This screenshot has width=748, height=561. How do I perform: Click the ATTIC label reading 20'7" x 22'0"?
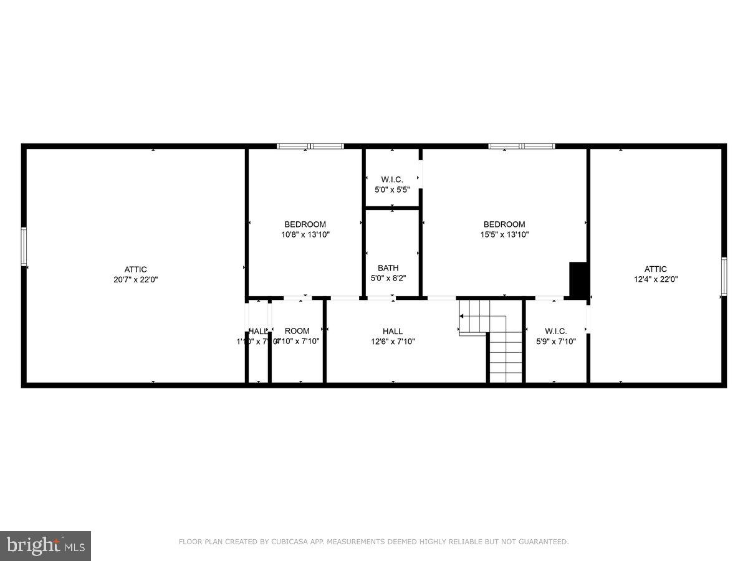(x=135, y=275)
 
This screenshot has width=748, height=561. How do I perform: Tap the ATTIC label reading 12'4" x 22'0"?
(x=656, y=274)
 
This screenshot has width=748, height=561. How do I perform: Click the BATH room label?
(x=388, y=268)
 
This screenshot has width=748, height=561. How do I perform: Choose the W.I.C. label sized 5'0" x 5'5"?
(x=392, y=185)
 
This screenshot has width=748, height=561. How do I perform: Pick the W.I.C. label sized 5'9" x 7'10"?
(x=555, y=336)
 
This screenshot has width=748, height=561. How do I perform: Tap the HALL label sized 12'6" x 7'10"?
(x=393, y=336)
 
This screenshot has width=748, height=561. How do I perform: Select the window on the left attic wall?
(x=24, y=247)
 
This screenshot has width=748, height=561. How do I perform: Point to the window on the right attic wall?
(x=724, y=276)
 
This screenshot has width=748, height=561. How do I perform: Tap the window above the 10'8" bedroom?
(x=310, y=146)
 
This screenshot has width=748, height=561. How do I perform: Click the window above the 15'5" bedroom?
(x=522, y=146)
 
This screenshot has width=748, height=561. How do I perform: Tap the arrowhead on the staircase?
(x=462, y=317)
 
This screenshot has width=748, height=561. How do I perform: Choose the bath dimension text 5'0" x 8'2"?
(x=388, y=279)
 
